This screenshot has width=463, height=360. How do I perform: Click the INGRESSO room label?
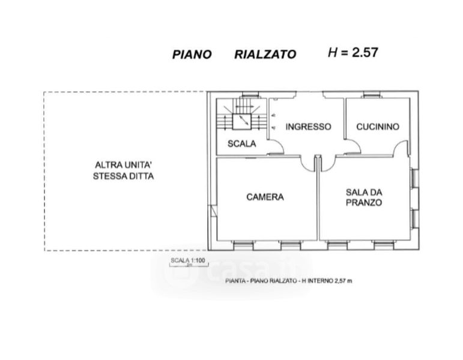(x=308, y=127)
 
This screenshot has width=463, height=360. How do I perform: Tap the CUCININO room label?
(x=378, y=127)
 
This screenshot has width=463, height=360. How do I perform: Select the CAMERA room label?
(x=265, y=197)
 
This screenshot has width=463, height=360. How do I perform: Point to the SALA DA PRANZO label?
(x=364, y=197)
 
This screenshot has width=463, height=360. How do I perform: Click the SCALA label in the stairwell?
(x=242, y=144)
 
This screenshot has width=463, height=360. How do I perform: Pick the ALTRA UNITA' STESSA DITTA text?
(x=124, y=170)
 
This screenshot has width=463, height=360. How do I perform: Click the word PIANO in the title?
(x=192, y=54)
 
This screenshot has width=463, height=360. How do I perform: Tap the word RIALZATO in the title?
(x=265, y=54)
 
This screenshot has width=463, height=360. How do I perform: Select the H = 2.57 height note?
(x=353, y=53)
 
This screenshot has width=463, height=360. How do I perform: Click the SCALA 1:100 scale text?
(x=188, y=260)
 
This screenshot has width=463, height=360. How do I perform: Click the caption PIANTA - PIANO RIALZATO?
(x=261, y=281)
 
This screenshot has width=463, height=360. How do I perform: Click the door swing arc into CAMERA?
(x=308, y=164)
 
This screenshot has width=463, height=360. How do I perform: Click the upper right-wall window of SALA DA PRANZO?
(x=415, y=178)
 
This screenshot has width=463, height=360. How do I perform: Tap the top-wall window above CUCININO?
(x=372, y=95)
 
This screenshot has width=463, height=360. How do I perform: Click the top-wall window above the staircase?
(x=250, y=95)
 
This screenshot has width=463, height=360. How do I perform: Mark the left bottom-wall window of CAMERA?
(x=243, y=245)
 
